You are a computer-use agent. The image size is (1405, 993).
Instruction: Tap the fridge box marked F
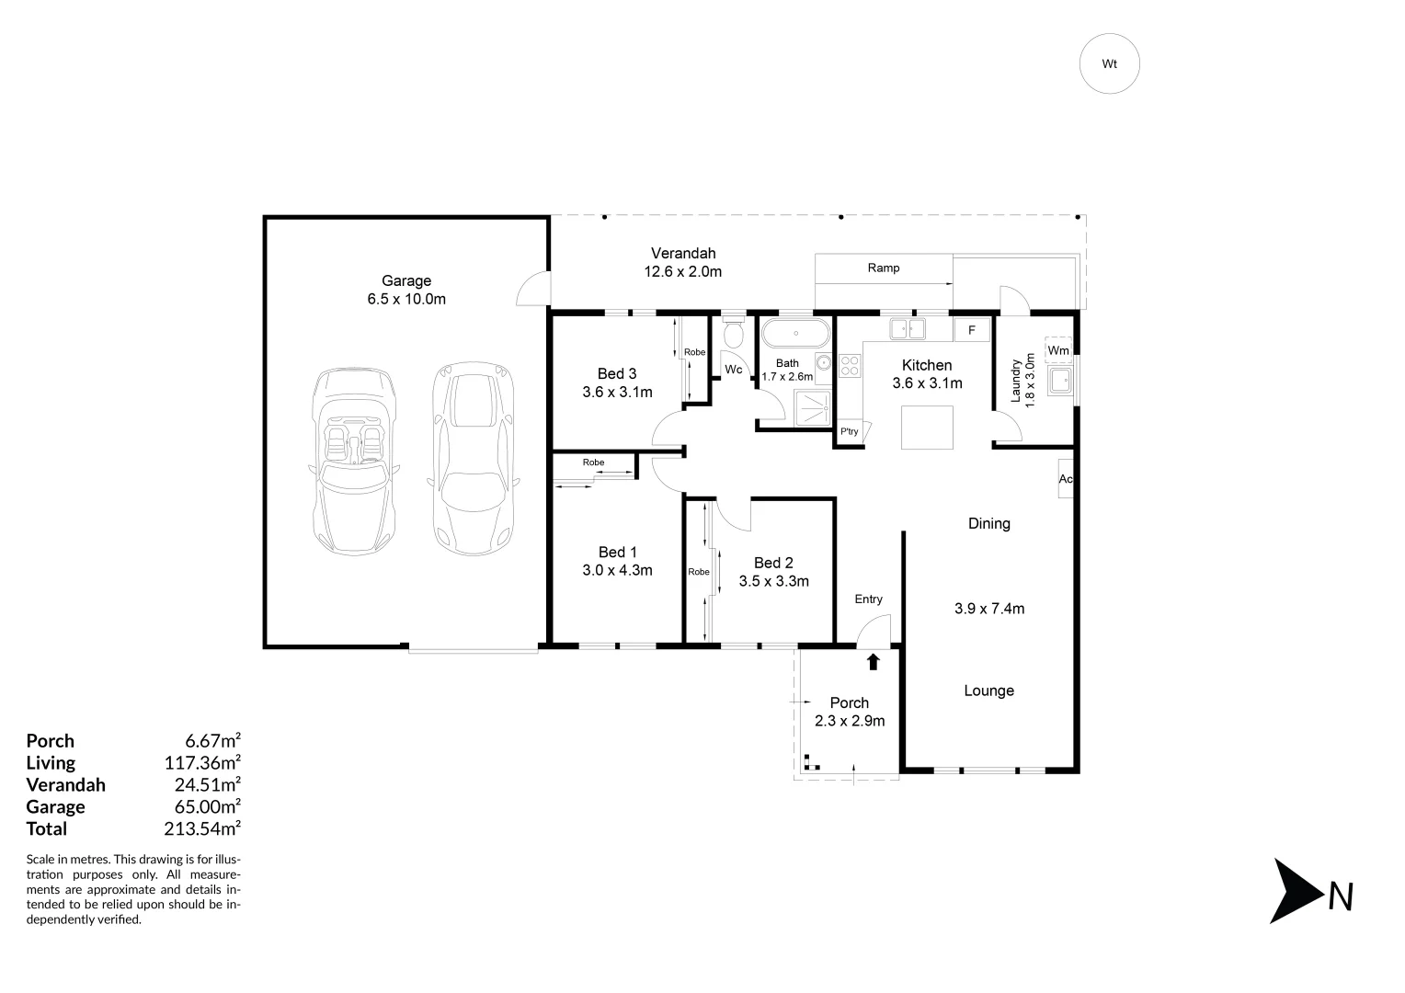tap(972, 330)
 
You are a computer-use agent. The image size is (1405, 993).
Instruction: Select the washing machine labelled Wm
tap(1058, 350)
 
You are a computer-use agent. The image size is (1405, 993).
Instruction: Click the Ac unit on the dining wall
tap(1065, 479)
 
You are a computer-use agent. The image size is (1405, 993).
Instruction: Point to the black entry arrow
tap(873, 662)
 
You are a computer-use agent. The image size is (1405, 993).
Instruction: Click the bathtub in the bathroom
tap(796, 333)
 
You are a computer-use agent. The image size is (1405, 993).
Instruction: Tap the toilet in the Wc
tap(733, 333)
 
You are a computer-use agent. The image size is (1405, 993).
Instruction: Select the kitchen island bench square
tap(927, 428)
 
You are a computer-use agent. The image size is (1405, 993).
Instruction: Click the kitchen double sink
tap(907, 328)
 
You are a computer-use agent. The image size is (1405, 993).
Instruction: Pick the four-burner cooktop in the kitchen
tap(850, 366)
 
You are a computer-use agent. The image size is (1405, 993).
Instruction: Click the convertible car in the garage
tap(354, 461)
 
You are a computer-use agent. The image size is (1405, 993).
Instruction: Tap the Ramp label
tap(883, 268)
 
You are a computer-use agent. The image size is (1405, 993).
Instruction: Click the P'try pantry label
tap(850, 431)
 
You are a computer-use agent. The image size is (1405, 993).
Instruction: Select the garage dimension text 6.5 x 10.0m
tap(406, 299)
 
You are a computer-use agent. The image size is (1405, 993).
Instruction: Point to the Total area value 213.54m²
tap(202, 828)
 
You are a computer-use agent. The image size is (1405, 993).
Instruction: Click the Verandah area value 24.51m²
tap(208, 784)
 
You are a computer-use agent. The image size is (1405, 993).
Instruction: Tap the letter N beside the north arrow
tap(1341, 897)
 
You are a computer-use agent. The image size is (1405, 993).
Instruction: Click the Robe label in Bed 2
tap(699, 572)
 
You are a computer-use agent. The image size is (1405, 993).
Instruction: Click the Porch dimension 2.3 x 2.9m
tap(850, 721)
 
